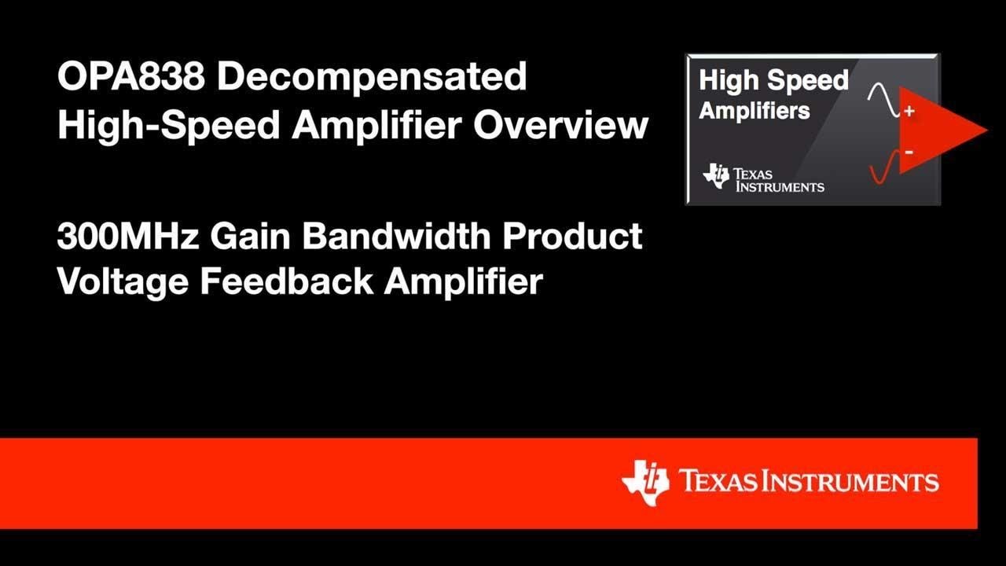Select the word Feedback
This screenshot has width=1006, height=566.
click(x=286, y=281)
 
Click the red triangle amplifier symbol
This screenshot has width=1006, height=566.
click(x=943, y=131)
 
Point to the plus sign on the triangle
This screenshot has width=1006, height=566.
click(x=909, y=112)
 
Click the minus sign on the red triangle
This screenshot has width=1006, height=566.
click(x=909, y=151)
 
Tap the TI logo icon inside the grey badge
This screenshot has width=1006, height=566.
click(x=716, y=176)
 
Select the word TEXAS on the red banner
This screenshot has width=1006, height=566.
click(x=719, y=481)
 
